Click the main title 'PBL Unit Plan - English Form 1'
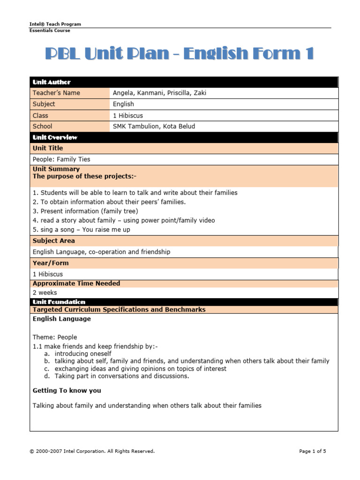pyautogui.click(x=179, y=54)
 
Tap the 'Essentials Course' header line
pyautogui.click(x=50, y=30)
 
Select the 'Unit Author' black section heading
pyautogui.click(x=52, y=82)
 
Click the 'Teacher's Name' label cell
pyautogui.click(x=56, y=93)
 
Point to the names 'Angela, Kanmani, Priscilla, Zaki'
pyautogui.click(x=159, y=93)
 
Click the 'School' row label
pyautogui.click(x=43, y=126)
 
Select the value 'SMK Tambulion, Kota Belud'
pyautogui.click(x=154, y=126)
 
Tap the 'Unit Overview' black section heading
pyautogui.click(x=55, y=137)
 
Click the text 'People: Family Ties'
pyautogui.click(x=61, y=159)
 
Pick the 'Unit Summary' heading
pyautogui.click(x=56, y=169)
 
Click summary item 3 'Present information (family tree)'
pyautogui.click(x=85, y=211)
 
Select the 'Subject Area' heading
pyautogui.click(x=53, y=241)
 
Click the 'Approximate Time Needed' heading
pyautogui.click(x=76, y=283)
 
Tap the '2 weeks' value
pyautogui.click(x=45, y=292)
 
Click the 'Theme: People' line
pyautogui.click(x=55, y=337)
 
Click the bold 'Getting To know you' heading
pyautogui.click(x=67, y=390)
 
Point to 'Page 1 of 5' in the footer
pyautogui.click(x=312, y=451)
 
